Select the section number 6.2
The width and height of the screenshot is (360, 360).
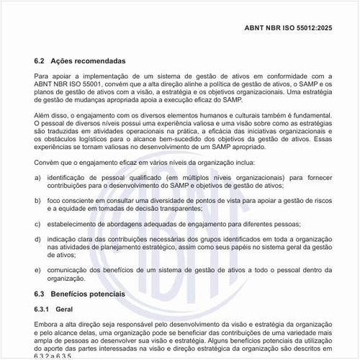(40, 61)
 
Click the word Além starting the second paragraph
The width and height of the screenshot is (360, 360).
(42, 115)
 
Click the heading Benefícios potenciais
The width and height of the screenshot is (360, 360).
(89, 294)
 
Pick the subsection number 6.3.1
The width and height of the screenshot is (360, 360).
(45, 309)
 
